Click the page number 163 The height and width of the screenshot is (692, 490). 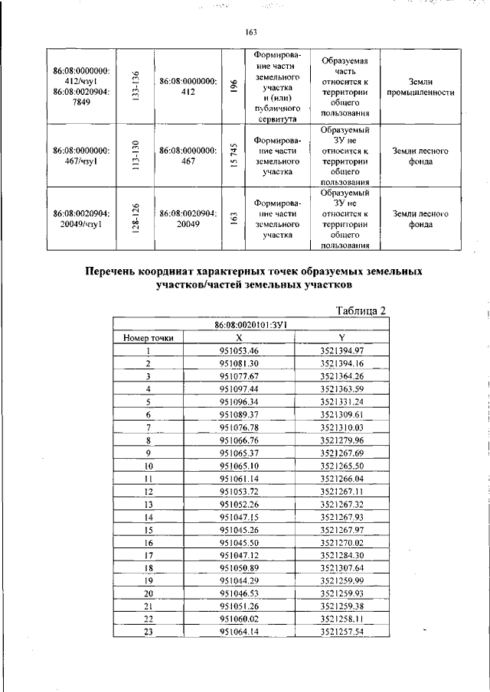tap(250, 31)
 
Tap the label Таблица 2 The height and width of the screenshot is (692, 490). tap(362, 310)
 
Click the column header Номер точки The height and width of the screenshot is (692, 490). tap(148, 337)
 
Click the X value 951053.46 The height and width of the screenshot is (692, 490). tap(239, 350)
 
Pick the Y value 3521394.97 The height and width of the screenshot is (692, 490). tap(341, 350)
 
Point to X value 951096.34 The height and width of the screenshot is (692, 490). tap(239, 401)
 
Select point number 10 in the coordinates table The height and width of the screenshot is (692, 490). tap(148, 464)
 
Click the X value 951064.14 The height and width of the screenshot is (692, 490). tap(239, 631)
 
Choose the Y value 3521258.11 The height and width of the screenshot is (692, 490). tap(341, 618)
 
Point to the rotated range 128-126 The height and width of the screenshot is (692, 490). tap(135, 219)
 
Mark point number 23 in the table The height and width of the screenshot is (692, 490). tap(148, 631)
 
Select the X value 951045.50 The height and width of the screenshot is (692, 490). tap(239, 541)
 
